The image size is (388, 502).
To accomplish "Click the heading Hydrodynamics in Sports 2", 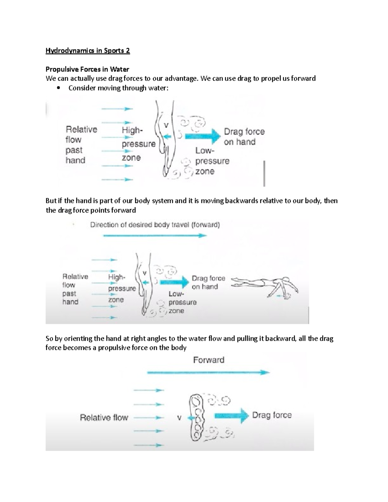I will point(88,51).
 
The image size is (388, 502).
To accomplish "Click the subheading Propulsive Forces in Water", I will point(87,69).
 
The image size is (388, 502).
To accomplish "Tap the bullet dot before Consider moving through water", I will point(59,88).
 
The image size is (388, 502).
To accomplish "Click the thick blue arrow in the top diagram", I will point(202,136).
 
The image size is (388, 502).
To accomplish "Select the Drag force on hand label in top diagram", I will point(244,137).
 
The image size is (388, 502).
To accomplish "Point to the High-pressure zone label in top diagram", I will point(138,144).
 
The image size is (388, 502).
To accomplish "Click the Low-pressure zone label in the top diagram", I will point(212,161).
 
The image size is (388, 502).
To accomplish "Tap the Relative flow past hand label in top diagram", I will point(81,145).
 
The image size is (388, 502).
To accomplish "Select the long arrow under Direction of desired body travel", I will point(155,236).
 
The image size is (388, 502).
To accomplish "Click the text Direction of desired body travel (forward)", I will point(155,225).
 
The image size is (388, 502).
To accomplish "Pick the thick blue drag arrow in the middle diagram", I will point(174,282).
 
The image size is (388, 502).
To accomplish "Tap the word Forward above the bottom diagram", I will point(209,360).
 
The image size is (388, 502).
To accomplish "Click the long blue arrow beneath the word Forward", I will point(208,372).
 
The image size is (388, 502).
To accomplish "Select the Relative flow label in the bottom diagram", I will point(104,418).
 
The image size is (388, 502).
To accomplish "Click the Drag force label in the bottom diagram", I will point(272,415).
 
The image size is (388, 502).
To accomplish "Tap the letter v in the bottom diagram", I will point(179,418).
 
